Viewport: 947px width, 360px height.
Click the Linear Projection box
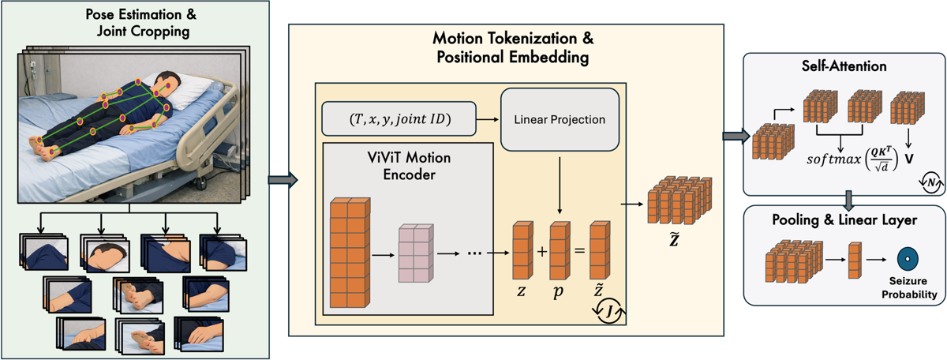(x=560, y=120)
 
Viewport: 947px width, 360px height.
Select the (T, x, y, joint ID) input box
(x=399, y=120)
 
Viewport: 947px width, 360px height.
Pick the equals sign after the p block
(x=579, y=253)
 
